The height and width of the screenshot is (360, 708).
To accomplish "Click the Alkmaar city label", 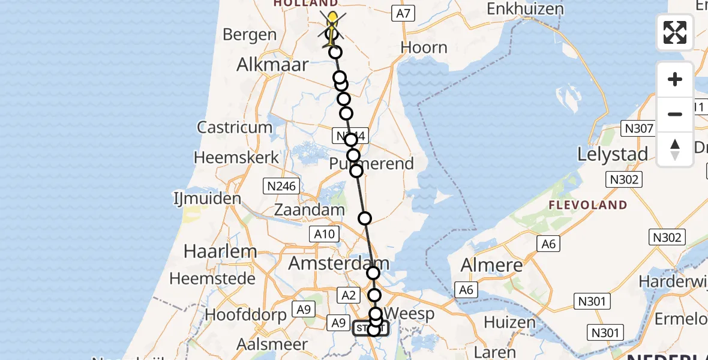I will point(272,64).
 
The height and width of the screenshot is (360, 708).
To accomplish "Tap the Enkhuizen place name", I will point(526,9).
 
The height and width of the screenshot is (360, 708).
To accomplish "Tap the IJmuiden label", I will point(207,198).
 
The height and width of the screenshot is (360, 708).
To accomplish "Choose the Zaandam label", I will point(310,210).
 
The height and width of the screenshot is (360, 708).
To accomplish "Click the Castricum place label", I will point(235,127).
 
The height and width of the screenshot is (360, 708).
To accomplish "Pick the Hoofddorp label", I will point(246,314).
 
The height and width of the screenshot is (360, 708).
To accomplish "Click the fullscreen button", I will point(675,32).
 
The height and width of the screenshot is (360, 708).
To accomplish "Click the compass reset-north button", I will point(675,149).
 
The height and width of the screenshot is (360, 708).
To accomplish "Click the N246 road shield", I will point(281,186).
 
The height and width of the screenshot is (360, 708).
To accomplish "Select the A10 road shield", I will point(325,234).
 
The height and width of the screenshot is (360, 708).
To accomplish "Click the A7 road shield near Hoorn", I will point(403,13).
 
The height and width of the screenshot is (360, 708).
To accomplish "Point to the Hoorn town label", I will point(424,47).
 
